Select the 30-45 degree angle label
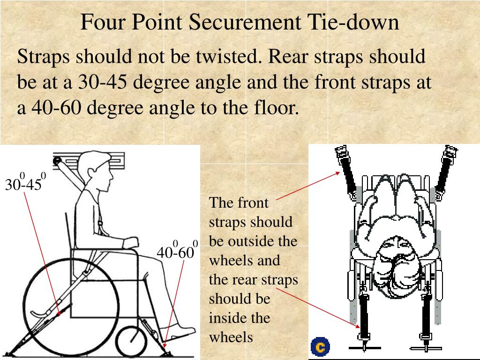pos(24,184)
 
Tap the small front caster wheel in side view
pos(132,337)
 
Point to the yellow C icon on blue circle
pos(321,347)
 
